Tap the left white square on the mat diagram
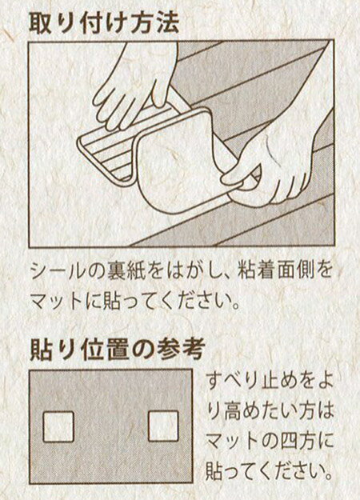click(58, 426)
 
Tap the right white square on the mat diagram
click(163, 426)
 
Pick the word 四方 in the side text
click(300, 438)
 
